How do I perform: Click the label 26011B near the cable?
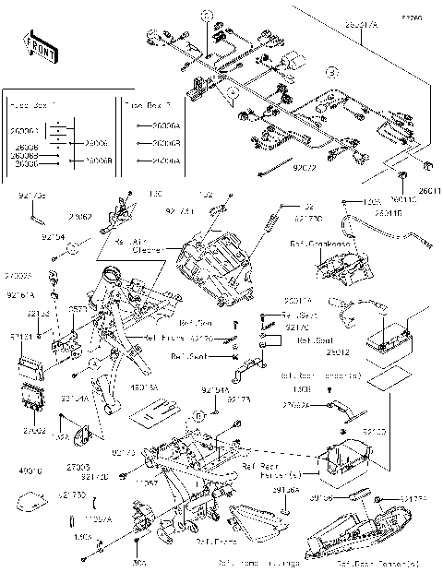[388, 212]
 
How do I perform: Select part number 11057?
[148, 482]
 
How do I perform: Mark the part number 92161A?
[20, 295]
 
